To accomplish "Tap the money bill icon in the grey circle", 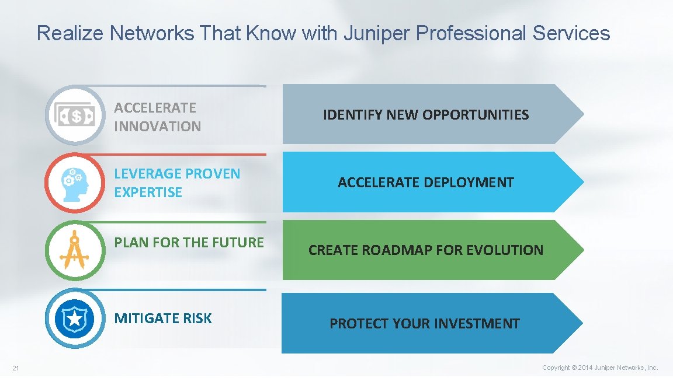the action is [76, 116].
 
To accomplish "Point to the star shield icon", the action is [75, 318].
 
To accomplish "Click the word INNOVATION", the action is [157, 126].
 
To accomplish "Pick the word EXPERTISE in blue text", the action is [148, 192].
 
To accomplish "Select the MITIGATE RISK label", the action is [163, 318].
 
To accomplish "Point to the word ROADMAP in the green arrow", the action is [397, 250].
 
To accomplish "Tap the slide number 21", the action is [16, 367].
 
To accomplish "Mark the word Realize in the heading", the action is [71, 33].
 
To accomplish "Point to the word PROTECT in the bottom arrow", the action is [356, 324].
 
